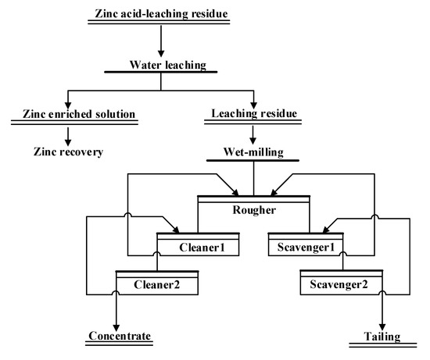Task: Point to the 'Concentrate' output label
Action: click(116, 337)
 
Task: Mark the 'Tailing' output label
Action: click(381, 337)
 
